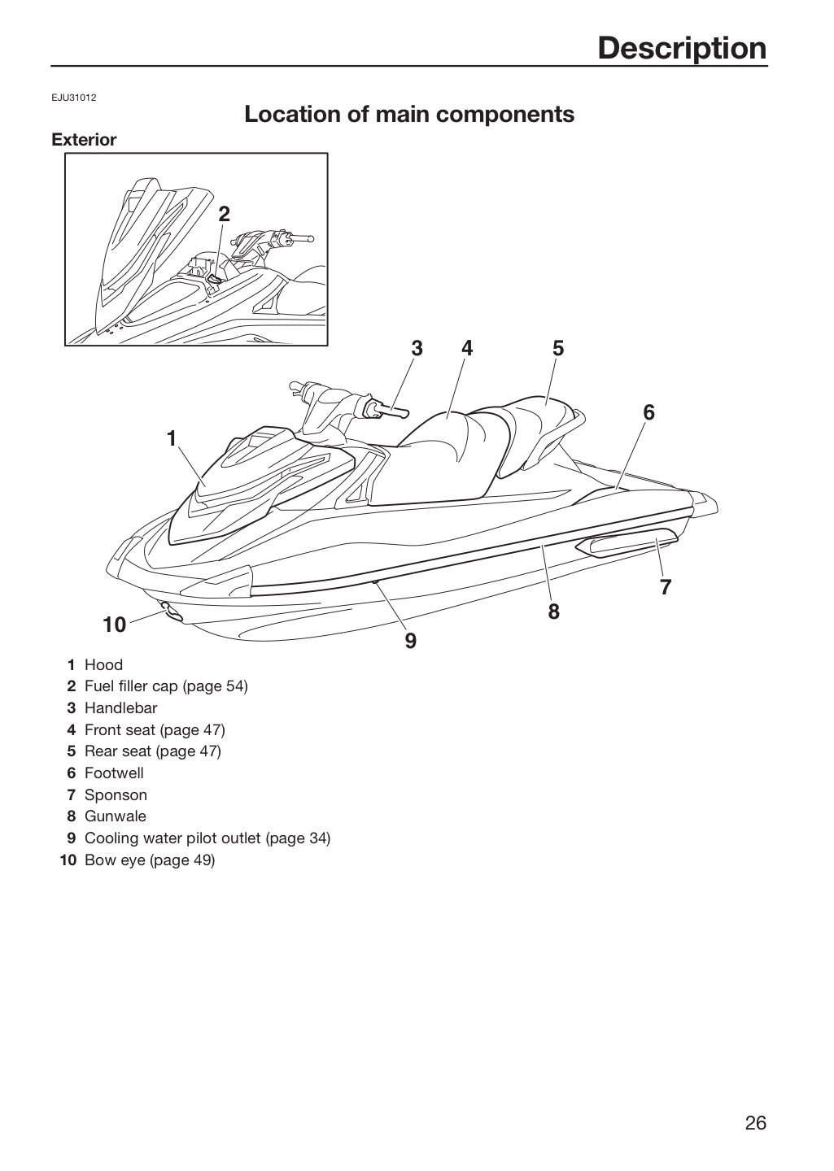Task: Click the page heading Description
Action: pyautogui.click(x=682, y=48)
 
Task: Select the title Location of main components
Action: pyautogui.click(x=409, y=114)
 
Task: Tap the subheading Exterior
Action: pyautogui.click(x=84, y=140)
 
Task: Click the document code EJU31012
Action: pyautogui.click(x=74, y=98)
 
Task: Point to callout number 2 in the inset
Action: pyautogui.click(x=224, y=214)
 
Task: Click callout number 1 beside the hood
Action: pyautogui.click(x=172, y=438)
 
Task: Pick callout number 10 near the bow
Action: pyautogui.click(x=115, y=625)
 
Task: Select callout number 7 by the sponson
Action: pyautogui.click(x=665, y=587)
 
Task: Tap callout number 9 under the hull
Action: pyautogui.click(x=411, y=641)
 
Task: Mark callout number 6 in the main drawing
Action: pyautogui.click(x=648, y=413)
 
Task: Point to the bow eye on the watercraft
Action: pyautogui.click(x=171, y=612)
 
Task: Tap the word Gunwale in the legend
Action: pyautogui.click(x=115, y=816)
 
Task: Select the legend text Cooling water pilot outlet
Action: pyautogui.click(x=172, y=838)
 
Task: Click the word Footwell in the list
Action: pyautogui.click(x=114, y=773)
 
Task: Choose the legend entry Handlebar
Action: pyautogui.click(x=121, y=707)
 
